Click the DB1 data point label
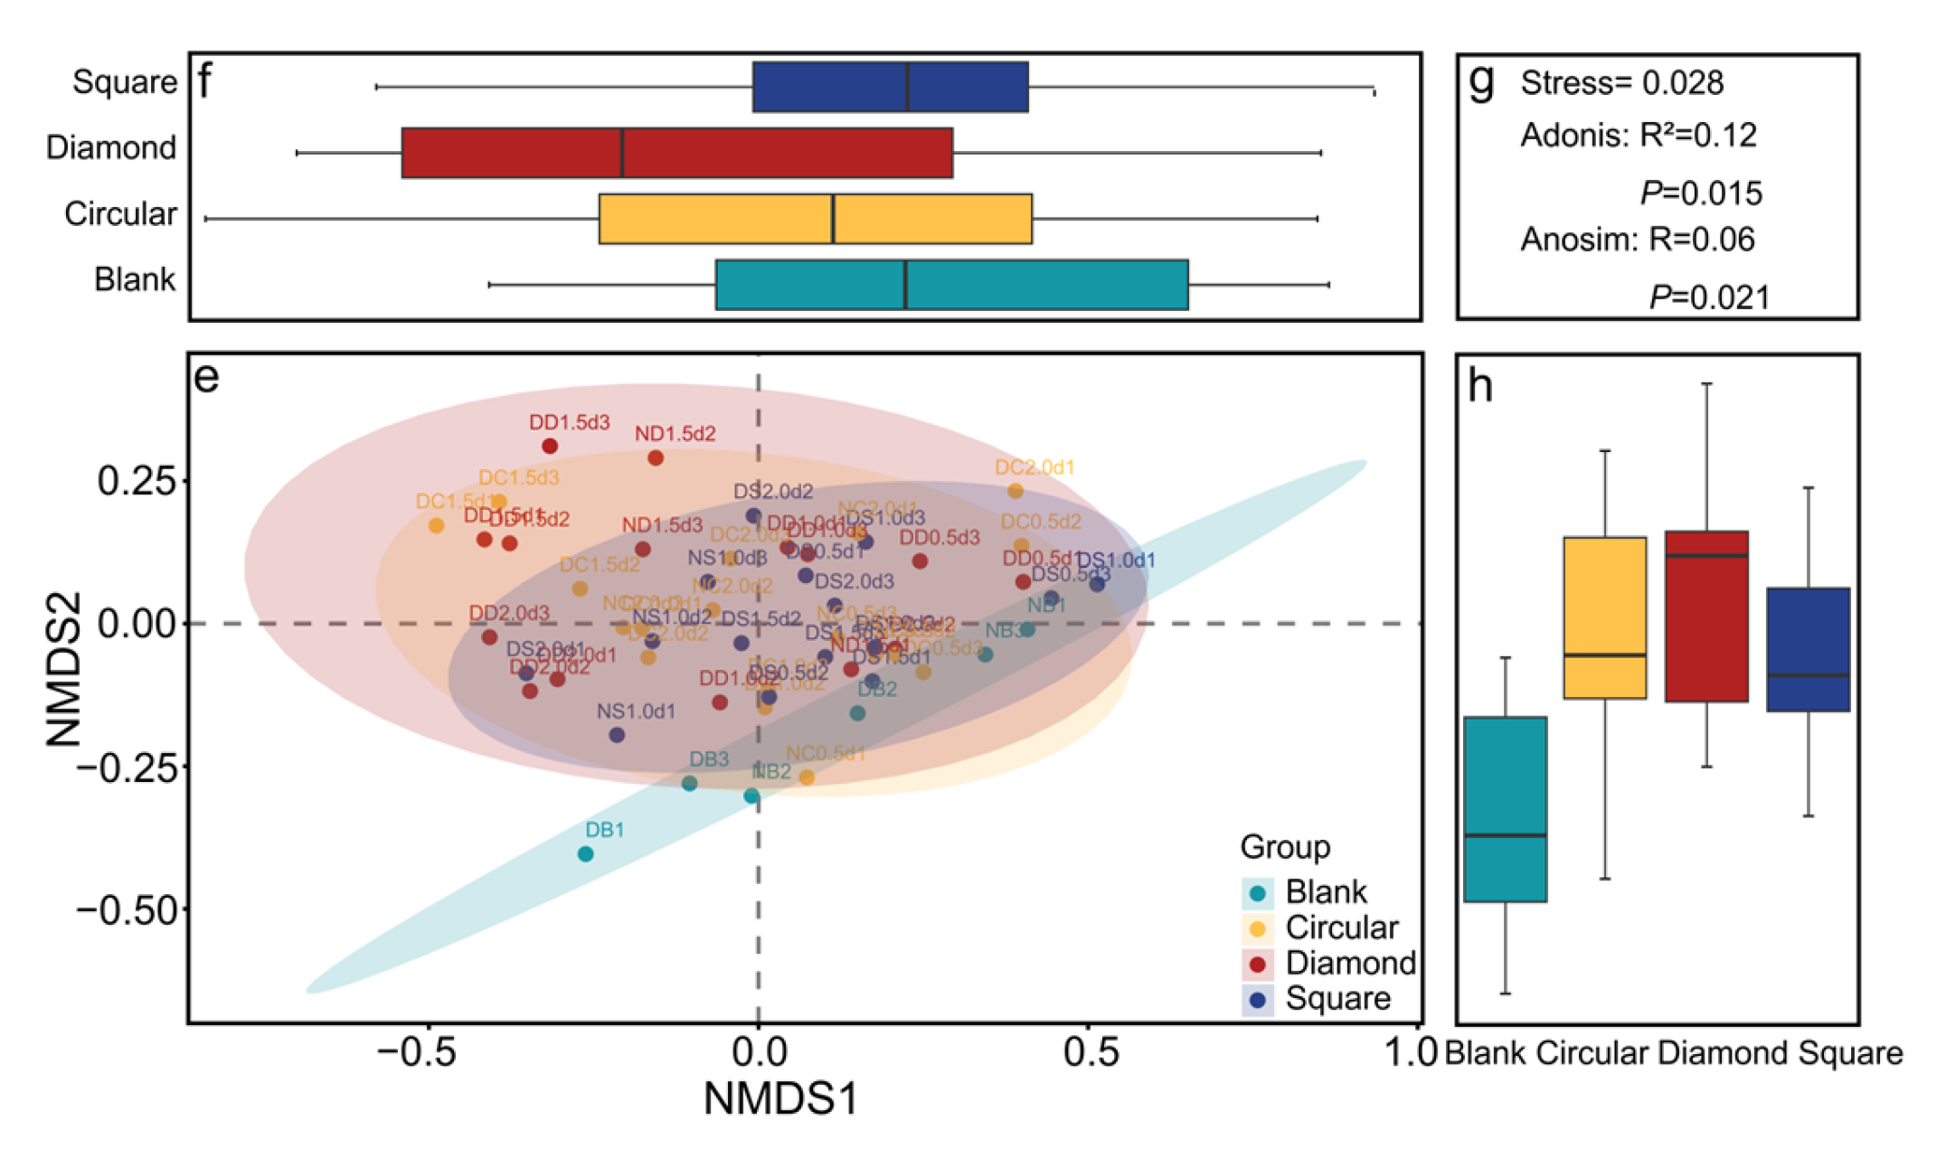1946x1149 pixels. tap(604, 830)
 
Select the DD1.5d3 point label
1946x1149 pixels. tap(569, 422)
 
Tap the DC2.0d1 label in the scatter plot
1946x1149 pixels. tap(1034, 467)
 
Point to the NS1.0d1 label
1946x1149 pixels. tap(636, 711)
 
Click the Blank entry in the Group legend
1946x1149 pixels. tap(1325, 892)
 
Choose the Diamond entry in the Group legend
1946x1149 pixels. tap(1349, 963)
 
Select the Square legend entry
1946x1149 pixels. tap(1337, 998)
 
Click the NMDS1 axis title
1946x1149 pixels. tap(780, 1099)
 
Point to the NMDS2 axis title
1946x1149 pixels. tap(64, 669)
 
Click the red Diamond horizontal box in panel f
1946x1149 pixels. tap(676, 153)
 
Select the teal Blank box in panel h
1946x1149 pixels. tap(1505, 809)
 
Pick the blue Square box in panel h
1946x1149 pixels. tap(1808, 649)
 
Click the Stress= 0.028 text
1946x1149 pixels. tap(1621, 83)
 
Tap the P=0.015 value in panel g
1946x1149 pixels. tap(1701, 193)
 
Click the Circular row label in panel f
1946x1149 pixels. tap(120, 214)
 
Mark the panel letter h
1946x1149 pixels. tap(1480, 386)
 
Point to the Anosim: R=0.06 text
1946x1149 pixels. tap(1637, 240)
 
